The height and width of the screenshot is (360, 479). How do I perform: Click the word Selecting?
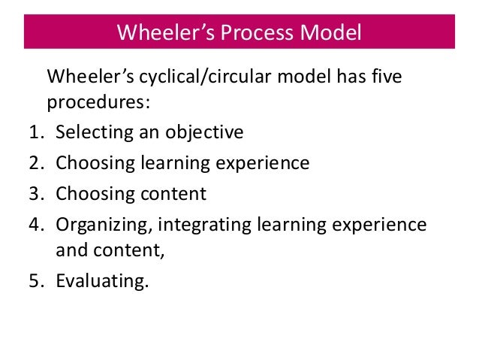pyautogui.click(x=92, y=133)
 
